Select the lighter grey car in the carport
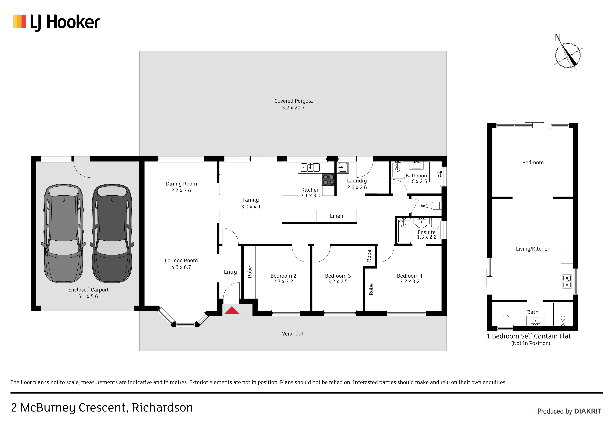[x=64, y=233]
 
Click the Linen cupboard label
[x=336, y=216]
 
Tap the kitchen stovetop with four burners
[x=328, y=179]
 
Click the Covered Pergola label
[x=293, y=101]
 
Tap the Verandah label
[x=293, y=334]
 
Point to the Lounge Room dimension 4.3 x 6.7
[x=181, y=267]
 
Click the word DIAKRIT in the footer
[x=588, y=411]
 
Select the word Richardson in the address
[x=162, y=408]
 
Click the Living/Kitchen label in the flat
[x=533, y=249]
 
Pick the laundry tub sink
[x=342, y=168]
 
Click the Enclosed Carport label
[x=88, y=290]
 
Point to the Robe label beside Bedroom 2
[x=250, y=272]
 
